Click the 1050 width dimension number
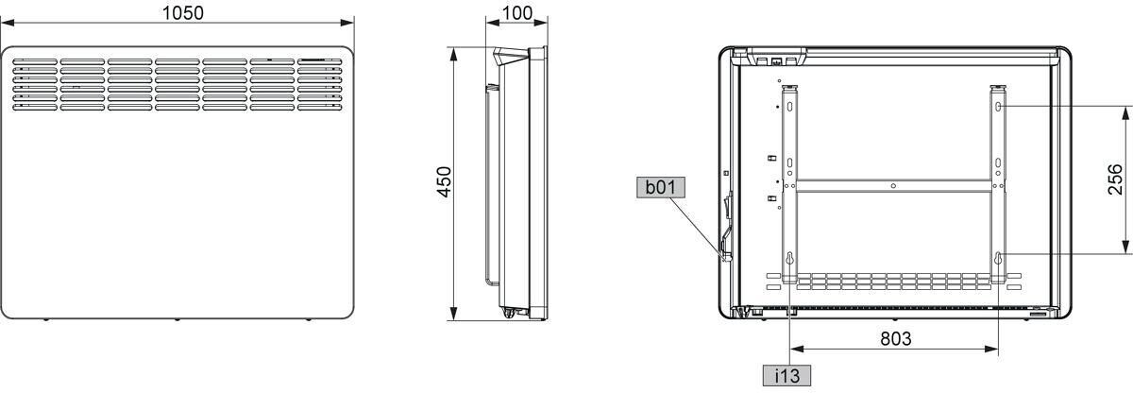pyautogui.click(x=182, y=12)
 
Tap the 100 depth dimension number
pyautogui.click(x=517, y=13)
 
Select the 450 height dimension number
pyautogui.click(x=444, y=181)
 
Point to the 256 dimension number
pyautogui.click(x=1115, y=179)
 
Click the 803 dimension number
pyautogui.click(x=896, y=338)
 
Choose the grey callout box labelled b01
pyautogui.click(x=661, y=187)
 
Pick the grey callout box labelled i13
pyautogui.click(x=786, y=375)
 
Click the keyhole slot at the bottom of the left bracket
pyautogui.click(x=789, y=259)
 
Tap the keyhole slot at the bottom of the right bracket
pyautogui.click(x=998, y=259)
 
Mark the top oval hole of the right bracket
pyautogui.click(x=998, y=107)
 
